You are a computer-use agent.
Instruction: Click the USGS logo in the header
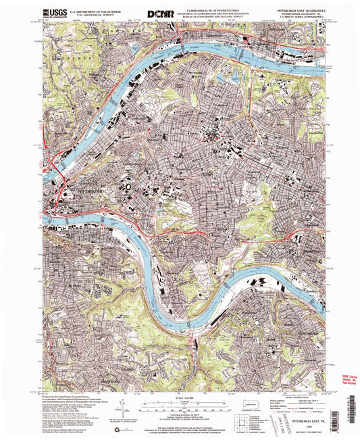(54, 13)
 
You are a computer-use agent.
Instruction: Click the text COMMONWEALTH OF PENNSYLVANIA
(215, 9)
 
